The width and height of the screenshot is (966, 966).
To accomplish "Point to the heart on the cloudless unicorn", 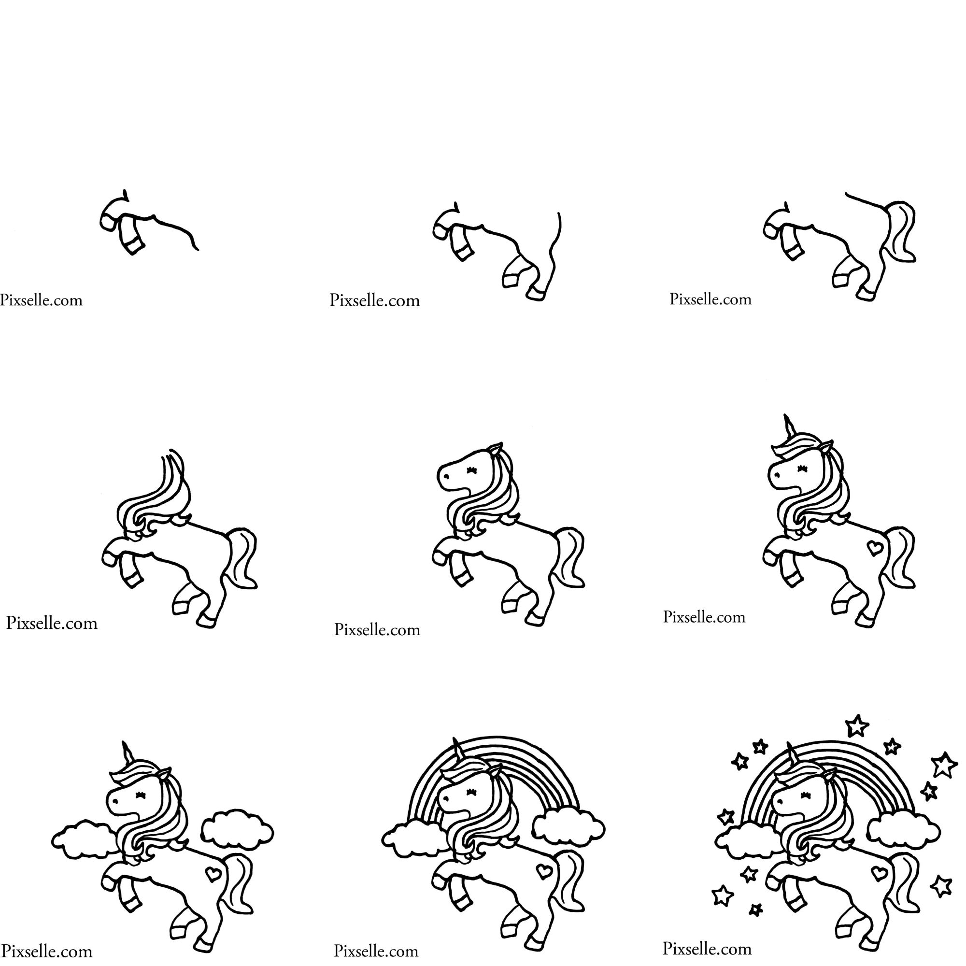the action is (x=875, y=547).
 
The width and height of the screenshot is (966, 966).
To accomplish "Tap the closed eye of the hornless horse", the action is (x=471, y=470).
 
